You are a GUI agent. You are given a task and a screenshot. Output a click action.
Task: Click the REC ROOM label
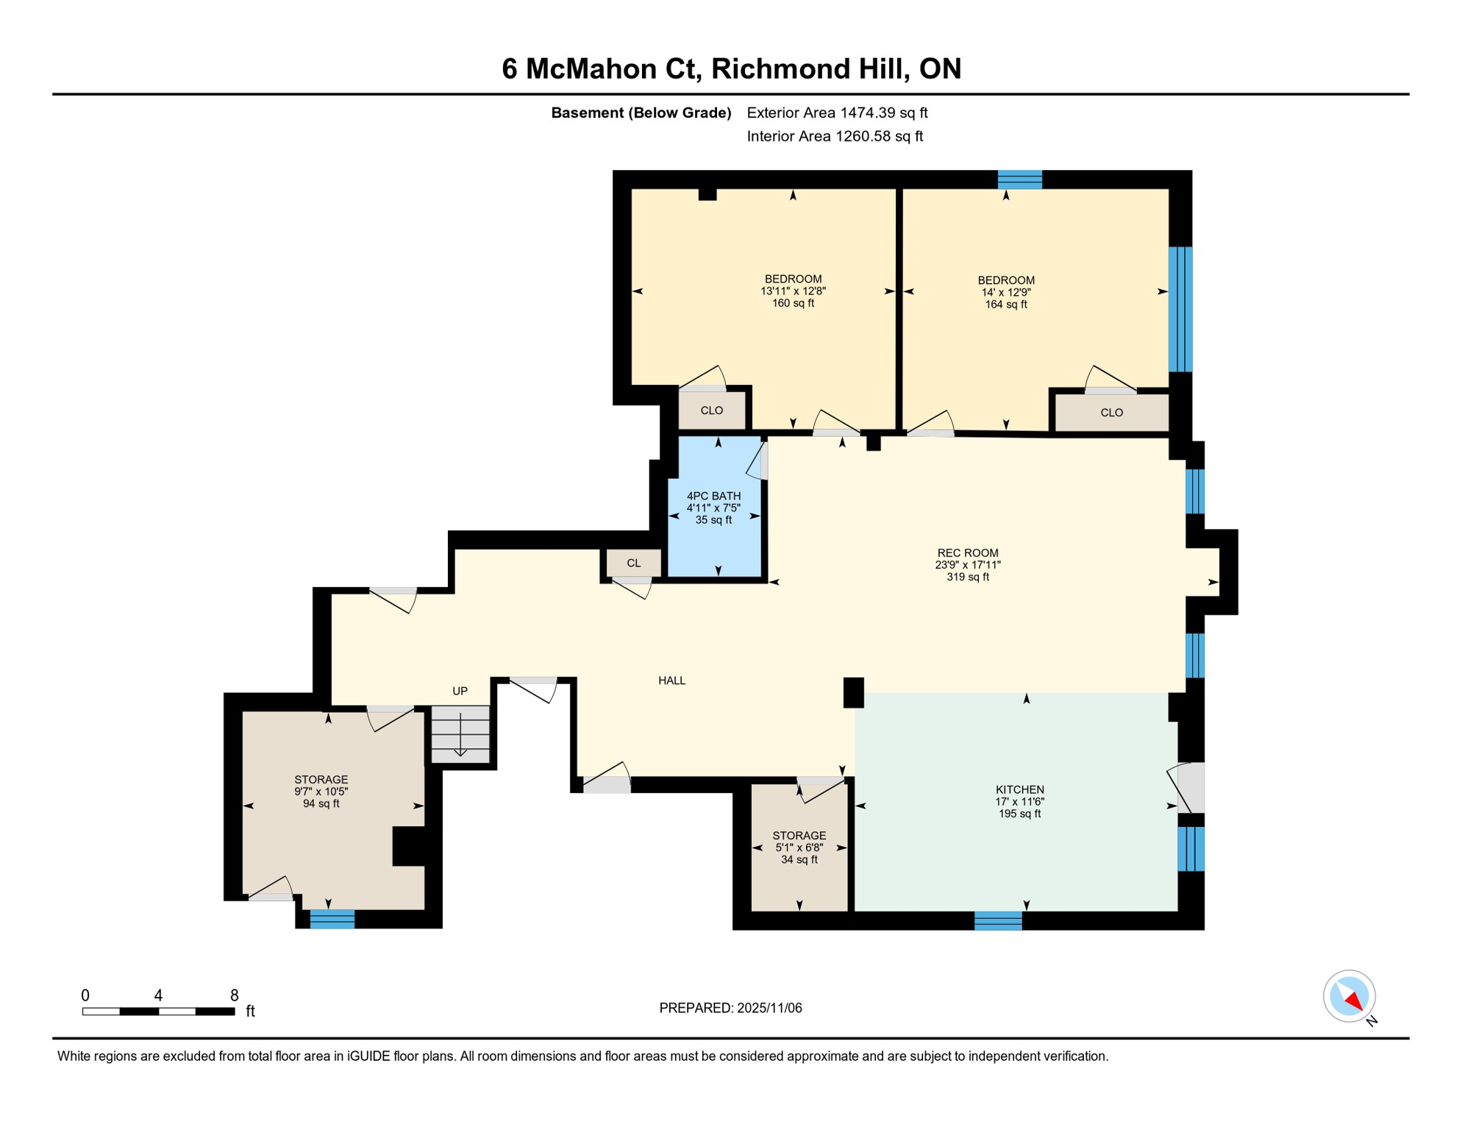tap(967, 553)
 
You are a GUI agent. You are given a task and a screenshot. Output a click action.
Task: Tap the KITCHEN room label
tap(1019, 789)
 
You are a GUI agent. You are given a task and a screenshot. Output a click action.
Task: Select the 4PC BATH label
tap(713, 496)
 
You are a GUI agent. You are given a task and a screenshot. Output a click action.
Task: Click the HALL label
tap(671, 681)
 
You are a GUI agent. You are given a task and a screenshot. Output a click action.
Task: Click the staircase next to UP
tap(460, 734)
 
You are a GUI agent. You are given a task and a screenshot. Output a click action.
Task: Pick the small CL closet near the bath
tap(633, 563)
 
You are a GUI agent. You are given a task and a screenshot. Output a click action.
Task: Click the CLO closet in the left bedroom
tap(711, 411)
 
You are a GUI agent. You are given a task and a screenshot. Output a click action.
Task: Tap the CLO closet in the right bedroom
tap(1111, 413)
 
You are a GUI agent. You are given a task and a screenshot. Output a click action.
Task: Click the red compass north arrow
tap(1354, 1001)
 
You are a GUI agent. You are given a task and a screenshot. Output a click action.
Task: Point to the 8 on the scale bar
tap(234, 995)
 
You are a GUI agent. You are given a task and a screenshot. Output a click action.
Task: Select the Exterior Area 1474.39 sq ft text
tap(837, 113)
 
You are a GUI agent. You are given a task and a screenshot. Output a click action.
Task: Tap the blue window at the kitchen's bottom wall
tap(998, 920)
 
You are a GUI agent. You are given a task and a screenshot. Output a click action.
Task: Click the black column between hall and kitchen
tap(853, 692)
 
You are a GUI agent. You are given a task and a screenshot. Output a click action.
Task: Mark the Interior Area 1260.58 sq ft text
tap(835, 136)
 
